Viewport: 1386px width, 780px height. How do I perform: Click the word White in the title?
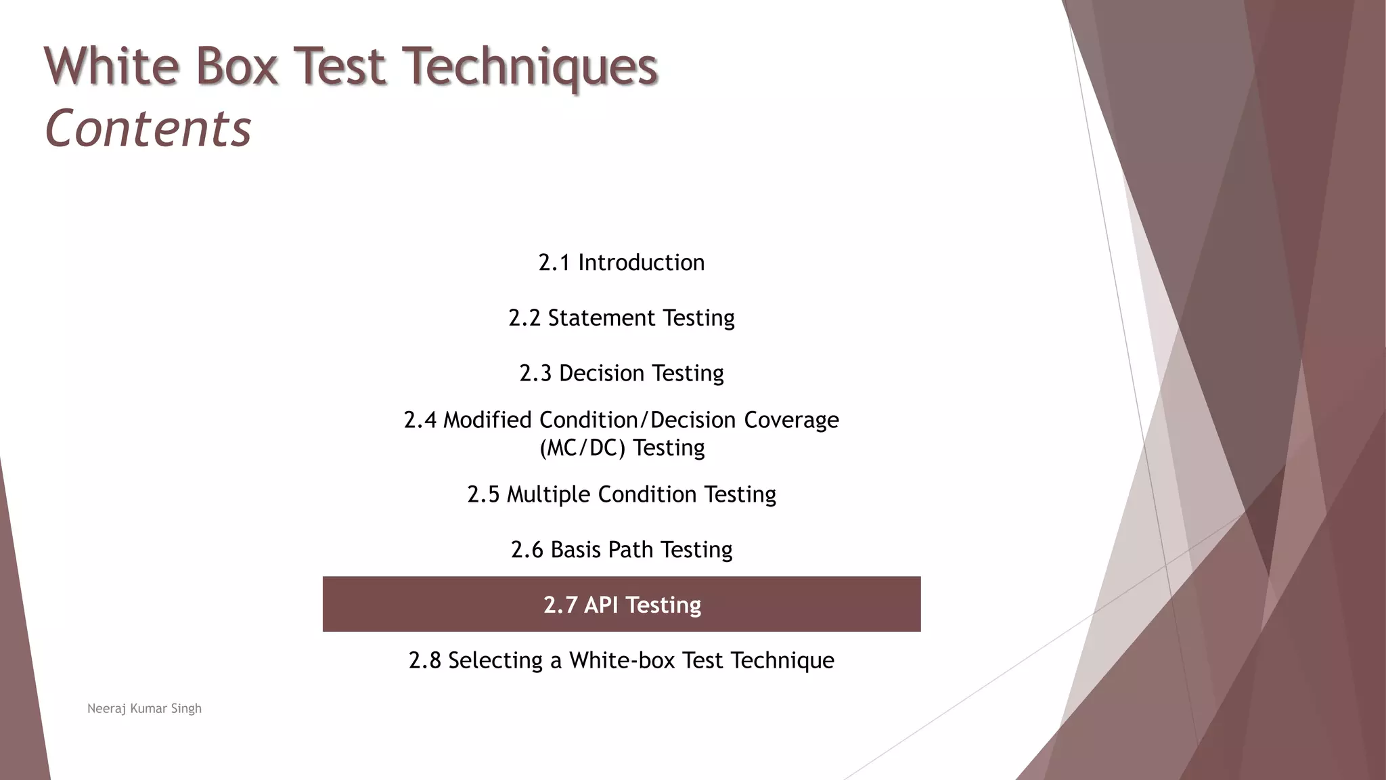click(112, 66)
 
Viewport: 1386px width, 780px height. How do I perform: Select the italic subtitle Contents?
click(148, 129)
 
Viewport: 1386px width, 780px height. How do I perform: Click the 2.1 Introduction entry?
click(621, 263)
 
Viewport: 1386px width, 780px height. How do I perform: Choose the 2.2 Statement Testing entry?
click(621, 318)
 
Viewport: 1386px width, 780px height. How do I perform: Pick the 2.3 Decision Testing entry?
click(621, 373)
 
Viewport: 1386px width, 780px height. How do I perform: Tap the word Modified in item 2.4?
click(487, 420)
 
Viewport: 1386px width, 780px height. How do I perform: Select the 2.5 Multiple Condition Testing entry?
click(621, 494)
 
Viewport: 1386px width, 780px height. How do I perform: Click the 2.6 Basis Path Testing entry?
click(621, 550)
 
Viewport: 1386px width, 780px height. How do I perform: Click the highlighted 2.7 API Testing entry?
click(621, 605)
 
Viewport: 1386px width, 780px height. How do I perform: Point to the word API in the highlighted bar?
click(601, 605)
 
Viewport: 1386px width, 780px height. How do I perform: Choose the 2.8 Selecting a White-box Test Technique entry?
click(621, 660)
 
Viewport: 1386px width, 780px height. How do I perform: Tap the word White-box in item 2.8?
click(622, 660)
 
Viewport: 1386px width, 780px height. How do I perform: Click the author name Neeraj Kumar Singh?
click(144, 709)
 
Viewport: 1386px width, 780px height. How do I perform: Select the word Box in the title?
click(237, 66)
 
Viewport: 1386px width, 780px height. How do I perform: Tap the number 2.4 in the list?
click(420, 420)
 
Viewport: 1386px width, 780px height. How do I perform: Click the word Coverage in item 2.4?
click(791, 420)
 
